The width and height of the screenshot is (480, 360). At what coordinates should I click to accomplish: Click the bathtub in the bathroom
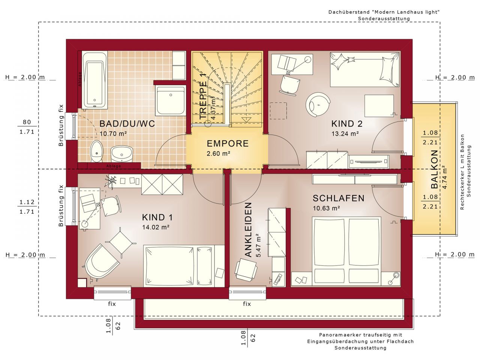[x=94, y=79]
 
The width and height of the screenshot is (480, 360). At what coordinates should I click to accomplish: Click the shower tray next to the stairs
[x=171, y=100]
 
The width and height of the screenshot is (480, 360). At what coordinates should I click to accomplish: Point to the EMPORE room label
[x=228, y=144]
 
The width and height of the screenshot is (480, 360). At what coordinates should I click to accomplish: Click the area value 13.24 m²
[x=345, y=133]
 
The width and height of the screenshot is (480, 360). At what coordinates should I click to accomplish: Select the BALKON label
[x=434, y=169]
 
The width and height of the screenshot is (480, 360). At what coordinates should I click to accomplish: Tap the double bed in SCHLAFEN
[x=347, y=250]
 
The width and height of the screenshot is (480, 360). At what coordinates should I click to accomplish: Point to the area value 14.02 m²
[x=156, y=227]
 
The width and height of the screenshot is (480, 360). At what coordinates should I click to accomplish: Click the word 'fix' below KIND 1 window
[x=112, y=304]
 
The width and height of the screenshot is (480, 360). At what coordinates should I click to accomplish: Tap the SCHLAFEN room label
[x=339, y=198]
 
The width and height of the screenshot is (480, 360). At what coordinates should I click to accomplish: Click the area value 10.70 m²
[x=113, y=133]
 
